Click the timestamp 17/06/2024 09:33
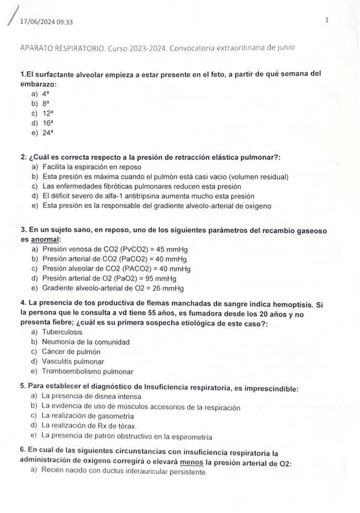[x=47, y=22]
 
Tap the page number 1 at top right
[x=326, y=20]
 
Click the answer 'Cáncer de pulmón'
[x=71, y=351]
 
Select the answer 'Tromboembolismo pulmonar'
[x=88, y=371]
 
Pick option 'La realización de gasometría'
[x=88, y=416]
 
